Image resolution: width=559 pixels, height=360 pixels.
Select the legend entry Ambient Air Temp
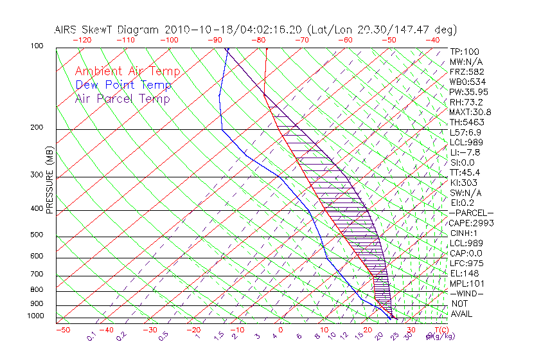[x=128, y=72]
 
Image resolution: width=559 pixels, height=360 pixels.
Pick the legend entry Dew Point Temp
[x=123, y=85]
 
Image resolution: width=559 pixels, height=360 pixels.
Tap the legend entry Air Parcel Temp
[x=123, y=99]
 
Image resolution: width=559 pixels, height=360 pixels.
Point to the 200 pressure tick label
[x=37, y=127]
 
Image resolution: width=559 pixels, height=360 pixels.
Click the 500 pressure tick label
[x=37, y=235]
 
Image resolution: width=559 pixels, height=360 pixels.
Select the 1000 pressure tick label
[x=35, y=316]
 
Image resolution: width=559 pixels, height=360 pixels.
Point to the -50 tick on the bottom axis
[x=62, y=330]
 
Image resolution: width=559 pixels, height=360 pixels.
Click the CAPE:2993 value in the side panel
[x=470, y=223]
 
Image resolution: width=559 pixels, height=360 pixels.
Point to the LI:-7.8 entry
[x=465, y=152]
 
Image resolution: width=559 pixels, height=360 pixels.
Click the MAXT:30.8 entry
[x=470, y=112]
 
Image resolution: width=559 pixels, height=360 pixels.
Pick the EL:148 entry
[x=462, y=273]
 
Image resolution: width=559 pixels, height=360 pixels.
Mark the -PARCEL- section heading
[x=471, y=213]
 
